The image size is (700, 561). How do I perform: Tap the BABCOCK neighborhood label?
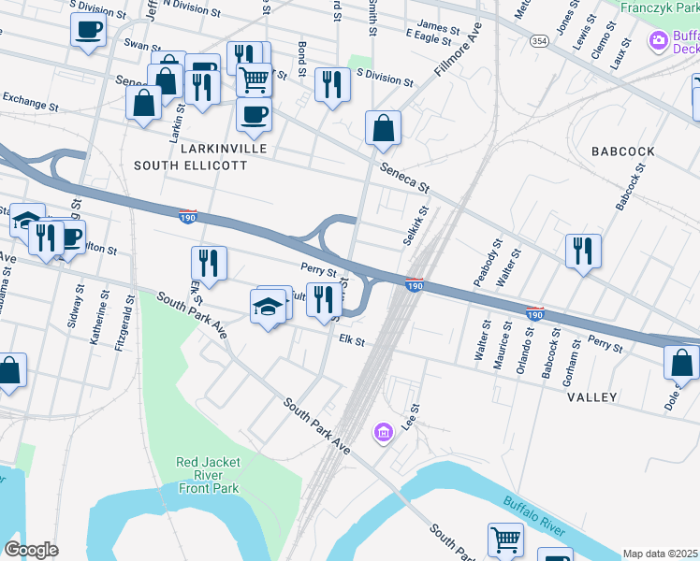[x=620, y=151]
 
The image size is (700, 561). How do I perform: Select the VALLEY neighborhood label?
[x=591, y=397]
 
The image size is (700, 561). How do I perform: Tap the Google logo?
[x=31, y=550]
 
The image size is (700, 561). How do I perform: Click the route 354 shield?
[x=539, y=43]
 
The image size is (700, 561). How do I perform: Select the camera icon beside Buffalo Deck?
[x=659, y=40]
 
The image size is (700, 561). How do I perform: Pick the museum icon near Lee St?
[x=382, y=432]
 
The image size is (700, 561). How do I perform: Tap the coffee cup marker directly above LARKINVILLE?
[x=253, y=115]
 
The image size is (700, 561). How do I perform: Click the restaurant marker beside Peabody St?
[x=582, y=251]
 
